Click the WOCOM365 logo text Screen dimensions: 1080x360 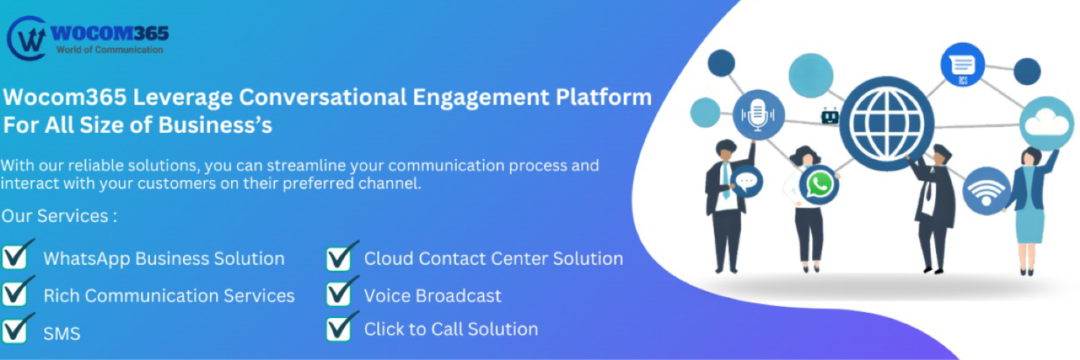coord(109,33)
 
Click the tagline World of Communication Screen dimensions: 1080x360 coord(109,49)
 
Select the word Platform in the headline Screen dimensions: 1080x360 coord(604,97)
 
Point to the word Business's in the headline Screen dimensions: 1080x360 coord(215,124)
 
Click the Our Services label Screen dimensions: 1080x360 coord(58,216)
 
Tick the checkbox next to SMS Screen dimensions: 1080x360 coord(18,328)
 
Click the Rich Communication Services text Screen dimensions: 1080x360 coord(169,295)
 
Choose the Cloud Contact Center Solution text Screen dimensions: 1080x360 coord(493,259)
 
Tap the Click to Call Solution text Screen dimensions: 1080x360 coord(451,329)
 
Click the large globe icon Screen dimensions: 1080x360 coord(886,123)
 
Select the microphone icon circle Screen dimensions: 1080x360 coord(758,115)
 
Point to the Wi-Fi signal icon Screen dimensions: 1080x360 coord(985,190)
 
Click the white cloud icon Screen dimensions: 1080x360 coord(1046,122)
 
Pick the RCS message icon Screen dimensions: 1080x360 coord(962,65)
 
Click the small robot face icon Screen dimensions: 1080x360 coord(829,116)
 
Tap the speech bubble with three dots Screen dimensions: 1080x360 coord(746,182)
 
